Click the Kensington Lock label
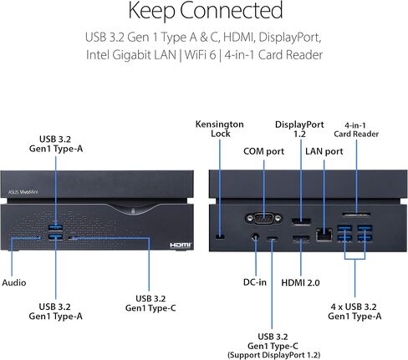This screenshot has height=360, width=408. (x=220, y=129)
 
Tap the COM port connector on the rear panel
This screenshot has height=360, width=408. (x=263, y=218)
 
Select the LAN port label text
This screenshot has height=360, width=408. (x=324, y=151)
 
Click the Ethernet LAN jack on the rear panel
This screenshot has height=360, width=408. (x=324, y=234)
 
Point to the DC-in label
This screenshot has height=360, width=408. (x=255, y=282)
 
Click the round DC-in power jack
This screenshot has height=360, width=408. (x=255, y=237)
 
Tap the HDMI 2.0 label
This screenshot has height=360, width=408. (x=300, y=282)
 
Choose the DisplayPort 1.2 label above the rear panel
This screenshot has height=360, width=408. (x=299, y=129)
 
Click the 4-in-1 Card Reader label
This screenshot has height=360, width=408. (x=356, y=129)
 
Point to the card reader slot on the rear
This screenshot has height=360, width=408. (x=356, y=215)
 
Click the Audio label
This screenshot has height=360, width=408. (x=14, y=282)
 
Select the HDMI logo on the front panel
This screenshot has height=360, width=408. (x=181, y=245)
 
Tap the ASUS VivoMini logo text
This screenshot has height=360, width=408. (x=23, y=192)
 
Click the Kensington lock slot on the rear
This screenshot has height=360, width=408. (x=220, y=237)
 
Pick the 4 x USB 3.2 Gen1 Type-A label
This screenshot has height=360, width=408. (x=354, y=312)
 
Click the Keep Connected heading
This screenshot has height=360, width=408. (x=206, y=11)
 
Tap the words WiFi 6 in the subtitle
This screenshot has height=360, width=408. (x=200, y=54)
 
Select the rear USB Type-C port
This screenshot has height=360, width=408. (x=273, y=239)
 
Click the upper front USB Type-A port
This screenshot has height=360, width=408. (x=55, y=227)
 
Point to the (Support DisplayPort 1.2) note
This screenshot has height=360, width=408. (x=274, y=355)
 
